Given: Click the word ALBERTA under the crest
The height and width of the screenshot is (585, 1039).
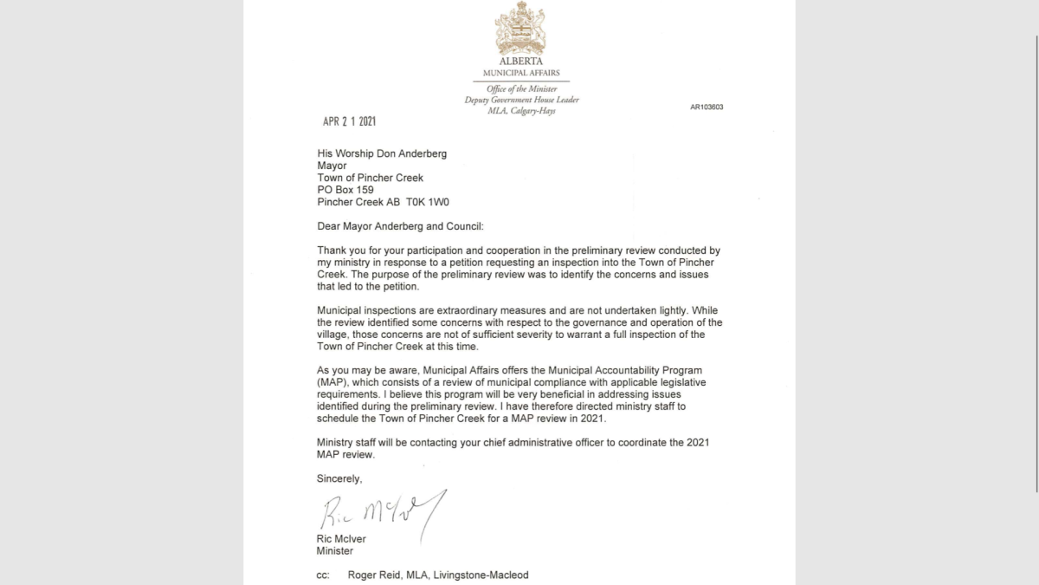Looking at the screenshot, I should click(x=520, y=62).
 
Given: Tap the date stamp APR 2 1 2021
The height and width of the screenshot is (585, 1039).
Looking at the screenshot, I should click(x=349, y=122).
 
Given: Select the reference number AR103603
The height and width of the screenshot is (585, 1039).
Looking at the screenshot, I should click(x=707, y=107).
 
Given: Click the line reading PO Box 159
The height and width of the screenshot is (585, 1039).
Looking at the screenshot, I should click(x=345, y=190).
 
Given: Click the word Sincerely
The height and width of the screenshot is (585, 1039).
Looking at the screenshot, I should click(x=339, y=478).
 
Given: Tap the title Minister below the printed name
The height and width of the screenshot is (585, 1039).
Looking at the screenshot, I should click(x=334, y=550).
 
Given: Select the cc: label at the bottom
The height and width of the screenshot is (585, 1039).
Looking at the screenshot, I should click(x=323, y=575).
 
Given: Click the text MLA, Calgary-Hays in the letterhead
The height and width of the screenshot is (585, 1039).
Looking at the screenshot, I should click(x=521, y=111).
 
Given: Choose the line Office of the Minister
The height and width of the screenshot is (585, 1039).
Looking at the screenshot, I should click(x=521, y=88).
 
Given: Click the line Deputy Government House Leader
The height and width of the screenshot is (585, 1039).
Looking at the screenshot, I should click(x=521, y=100).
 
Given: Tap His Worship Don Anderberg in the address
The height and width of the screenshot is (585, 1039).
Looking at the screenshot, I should click(x=384, y=153).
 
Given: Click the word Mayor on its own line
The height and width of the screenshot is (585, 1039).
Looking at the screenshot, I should click(x=332, y=166).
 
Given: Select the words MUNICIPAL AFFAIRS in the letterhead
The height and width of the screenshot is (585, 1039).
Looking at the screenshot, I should click(x=521, y=73).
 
